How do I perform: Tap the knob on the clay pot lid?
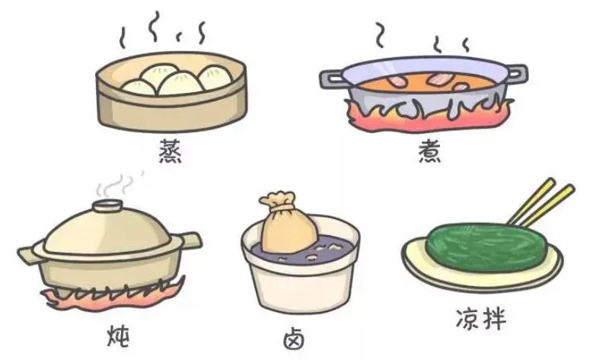(x=106, y=206)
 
